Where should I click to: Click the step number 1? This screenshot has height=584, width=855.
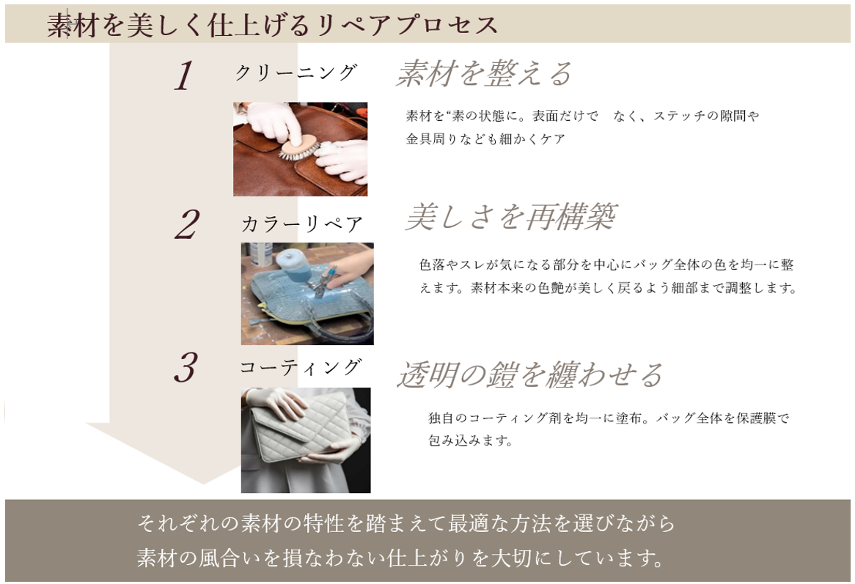coord(184,76)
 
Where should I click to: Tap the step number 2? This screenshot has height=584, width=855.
coord(186,225)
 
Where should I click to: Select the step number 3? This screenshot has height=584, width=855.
coord(186,368)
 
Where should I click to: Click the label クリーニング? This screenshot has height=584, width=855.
coord(296,73)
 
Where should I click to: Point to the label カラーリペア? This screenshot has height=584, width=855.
coord(302,224)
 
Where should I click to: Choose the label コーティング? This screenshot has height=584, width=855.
coord(301,367)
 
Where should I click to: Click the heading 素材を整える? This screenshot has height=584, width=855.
coord(484,74)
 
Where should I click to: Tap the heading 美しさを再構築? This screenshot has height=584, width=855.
coord(510,217)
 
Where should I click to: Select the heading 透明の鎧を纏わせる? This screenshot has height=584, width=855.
coord(529,374)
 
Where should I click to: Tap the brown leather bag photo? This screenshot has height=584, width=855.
coord(300,149)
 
